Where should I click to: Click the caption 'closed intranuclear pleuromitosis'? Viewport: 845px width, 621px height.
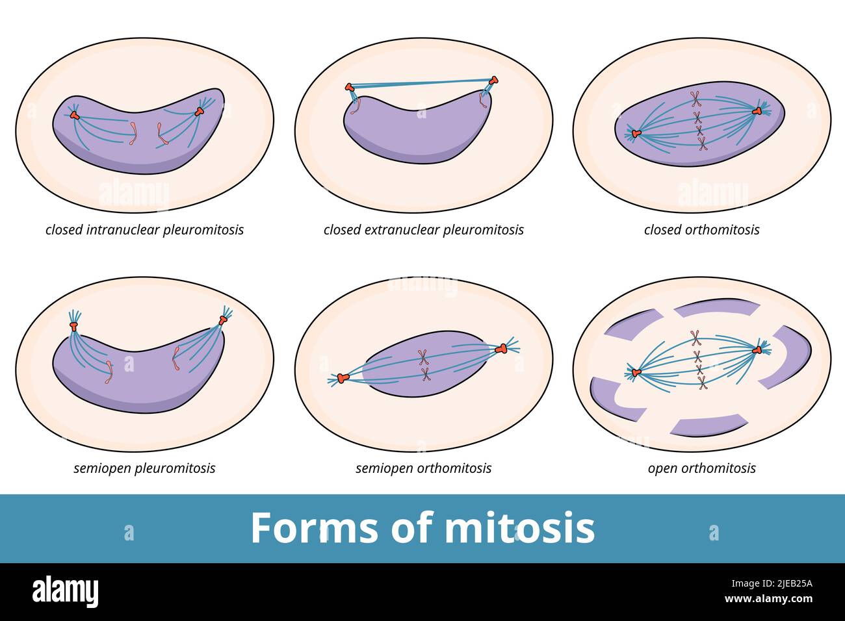click(x=144, y=230)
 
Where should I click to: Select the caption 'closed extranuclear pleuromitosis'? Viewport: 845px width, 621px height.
click(x=423, y=230)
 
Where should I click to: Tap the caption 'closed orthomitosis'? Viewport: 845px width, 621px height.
click(x=701, y=230)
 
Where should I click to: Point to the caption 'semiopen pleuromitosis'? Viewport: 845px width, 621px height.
click(x=144, y=468)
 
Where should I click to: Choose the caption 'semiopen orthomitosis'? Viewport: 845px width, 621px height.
click(x=423, y=468)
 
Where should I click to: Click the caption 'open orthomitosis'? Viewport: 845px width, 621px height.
click(x=701, y=468)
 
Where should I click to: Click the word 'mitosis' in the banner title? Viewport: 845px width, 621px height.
click(x=519, y=527)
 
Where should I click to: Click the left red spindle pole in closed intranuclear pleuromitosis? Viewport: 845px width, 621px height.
click(x=75, y=116)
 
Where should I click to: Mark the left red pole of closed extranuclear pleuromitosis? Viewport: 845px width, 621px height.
click(x=350, y=86)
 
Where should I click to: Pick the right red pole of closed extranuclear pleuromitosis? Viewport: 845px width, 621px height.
click(x=494, y=81)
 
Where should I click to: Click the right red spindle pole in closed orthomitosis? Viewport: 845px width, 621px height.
click(x=757, y=112)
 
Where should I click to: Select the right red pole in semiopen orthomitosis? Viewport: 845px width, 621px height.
click(x=500, y=349)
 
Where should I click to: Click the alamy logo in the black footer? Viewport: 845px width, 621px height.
click(x=66, y=592)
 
